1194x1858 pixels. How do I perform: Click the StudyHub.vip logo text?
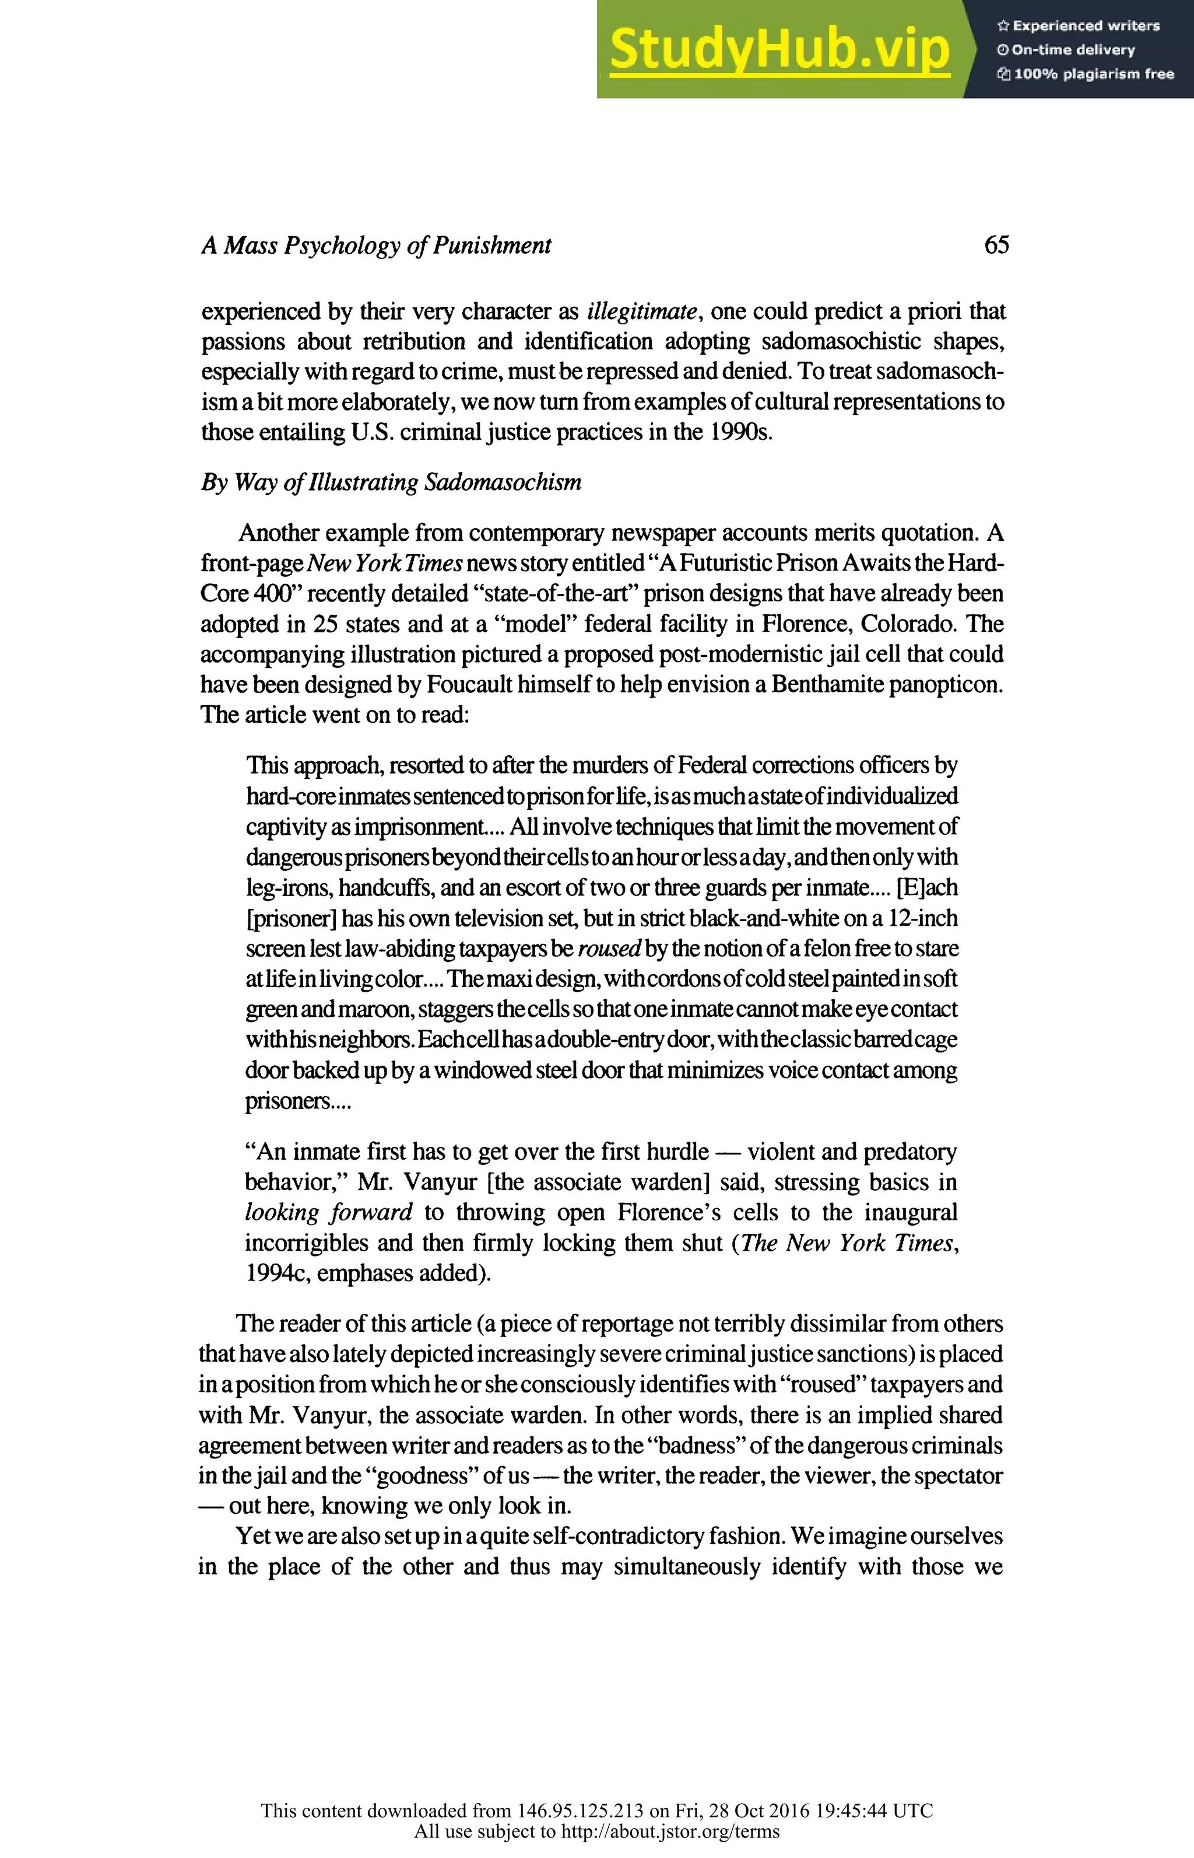coord(779,50)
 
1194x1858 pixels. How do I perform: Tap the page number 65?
coord(996,245)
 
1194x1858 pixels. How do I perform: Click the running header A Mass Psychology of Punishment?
coord(376,246)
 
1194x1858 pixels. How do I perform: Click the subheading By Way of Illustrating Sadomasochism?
coord(391,482)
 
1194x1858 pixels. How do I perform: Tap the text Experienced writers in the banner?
coord(1086,26)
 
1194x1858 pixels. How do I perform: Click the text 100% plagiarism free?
coord(1093,75)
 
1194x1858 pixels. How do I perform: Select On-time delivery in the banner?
coord(1073,50)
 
